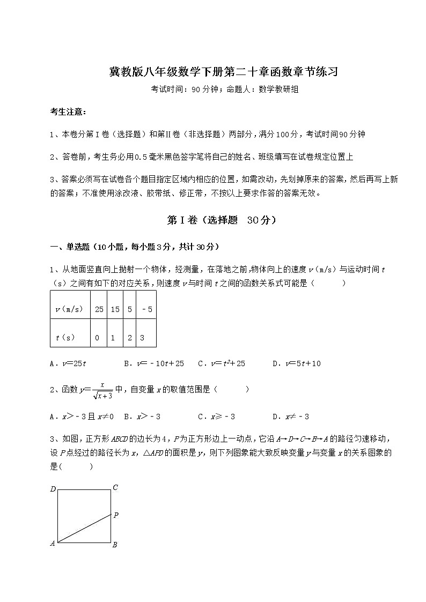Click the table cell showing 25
click(x=99, y=309)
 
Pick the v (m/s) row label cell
click(x=70, y=309)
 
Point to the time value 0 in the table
click(x=97, y=338)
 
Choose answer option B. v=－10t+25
click(x=153, y=363)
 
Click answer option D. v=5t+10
click(x=296, y=363)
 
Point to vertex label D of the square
click(x=53, y=489)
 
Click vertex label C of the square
click(x=115, y=488)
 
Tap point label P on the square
click(x=115, y=515)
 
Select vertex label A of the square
click(x=53, y=543)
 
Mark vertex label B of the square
click(x=115, y=545)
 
